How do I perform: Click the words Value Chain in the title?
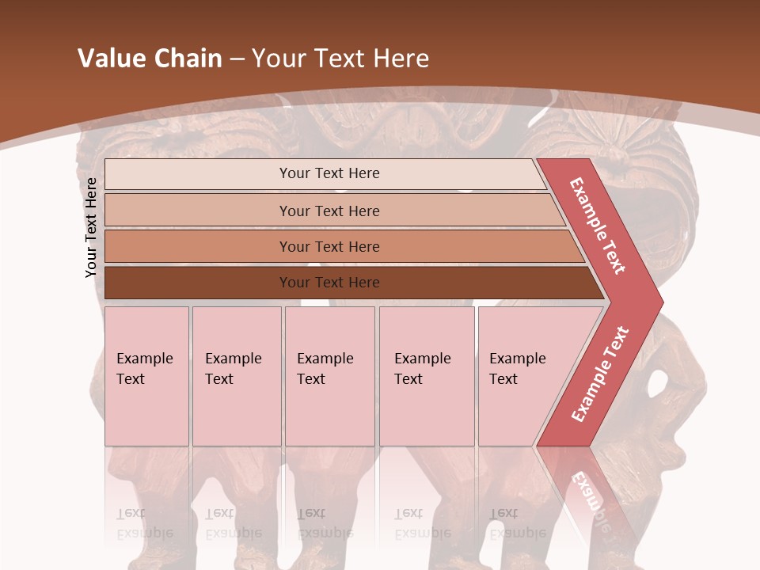pos(150,59)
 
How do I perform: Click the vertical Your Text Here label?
pos(91,227)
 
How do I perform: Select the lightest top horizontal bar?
pos(198,173)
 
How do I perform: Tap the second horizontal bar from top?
pos(198,211)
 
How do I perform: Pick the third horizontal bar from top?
pos(198,246)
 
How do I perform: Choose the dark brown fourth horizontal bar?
pos(198,283)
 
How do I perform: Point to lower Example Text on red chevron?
pos(600,374)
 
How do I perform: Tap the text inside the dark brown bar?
pos(329,283)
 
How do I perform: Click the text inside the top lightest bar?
pos(329,173)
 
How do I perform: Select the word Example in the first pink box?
pos(144,359)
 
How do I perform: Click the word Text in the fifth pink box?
pos(503,379)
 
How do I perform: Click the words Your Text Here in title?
pos(340,59)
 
